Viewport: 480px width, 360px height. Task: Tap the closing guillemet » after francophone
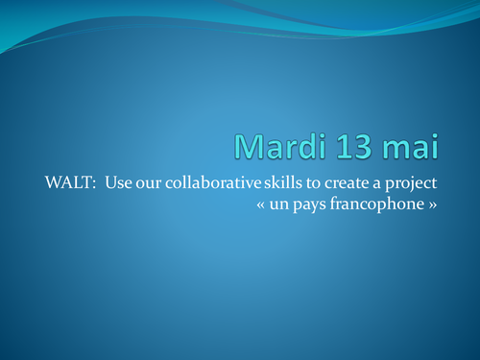444,205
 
